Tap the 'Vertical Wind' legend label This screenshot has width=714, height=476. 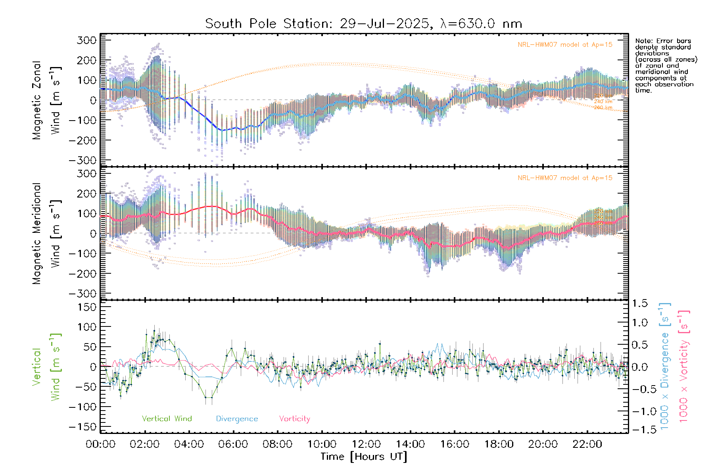click(167, 418)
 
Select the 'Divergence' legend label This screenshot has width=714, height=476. click(237, 418)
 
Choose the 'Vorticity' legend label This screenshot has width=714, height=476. click(294, 418)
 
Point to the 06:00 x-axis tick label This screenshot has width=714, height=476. click(233, 444)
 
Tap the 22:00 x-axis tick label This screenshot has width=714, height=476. click(587, 444)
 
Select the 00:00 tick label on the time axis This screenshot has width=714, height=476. click(101, 444)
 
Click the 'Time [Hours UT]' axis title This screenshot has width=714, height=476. click(364, 457)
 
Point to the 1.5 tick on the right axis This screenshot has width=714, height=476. click(639, 303)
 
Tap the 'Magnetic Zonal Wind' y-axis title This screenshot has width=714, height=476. click(46, 100)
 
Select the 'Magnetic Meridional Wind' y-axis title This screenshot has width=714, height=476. click(46, 233)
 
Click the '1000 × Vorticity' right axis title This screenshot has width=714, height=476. click(683, 366)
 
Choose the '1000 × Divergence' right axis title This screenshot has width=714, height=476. click(665, 366)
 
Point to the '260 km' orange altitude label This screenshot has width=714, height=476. click(603, 107)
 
